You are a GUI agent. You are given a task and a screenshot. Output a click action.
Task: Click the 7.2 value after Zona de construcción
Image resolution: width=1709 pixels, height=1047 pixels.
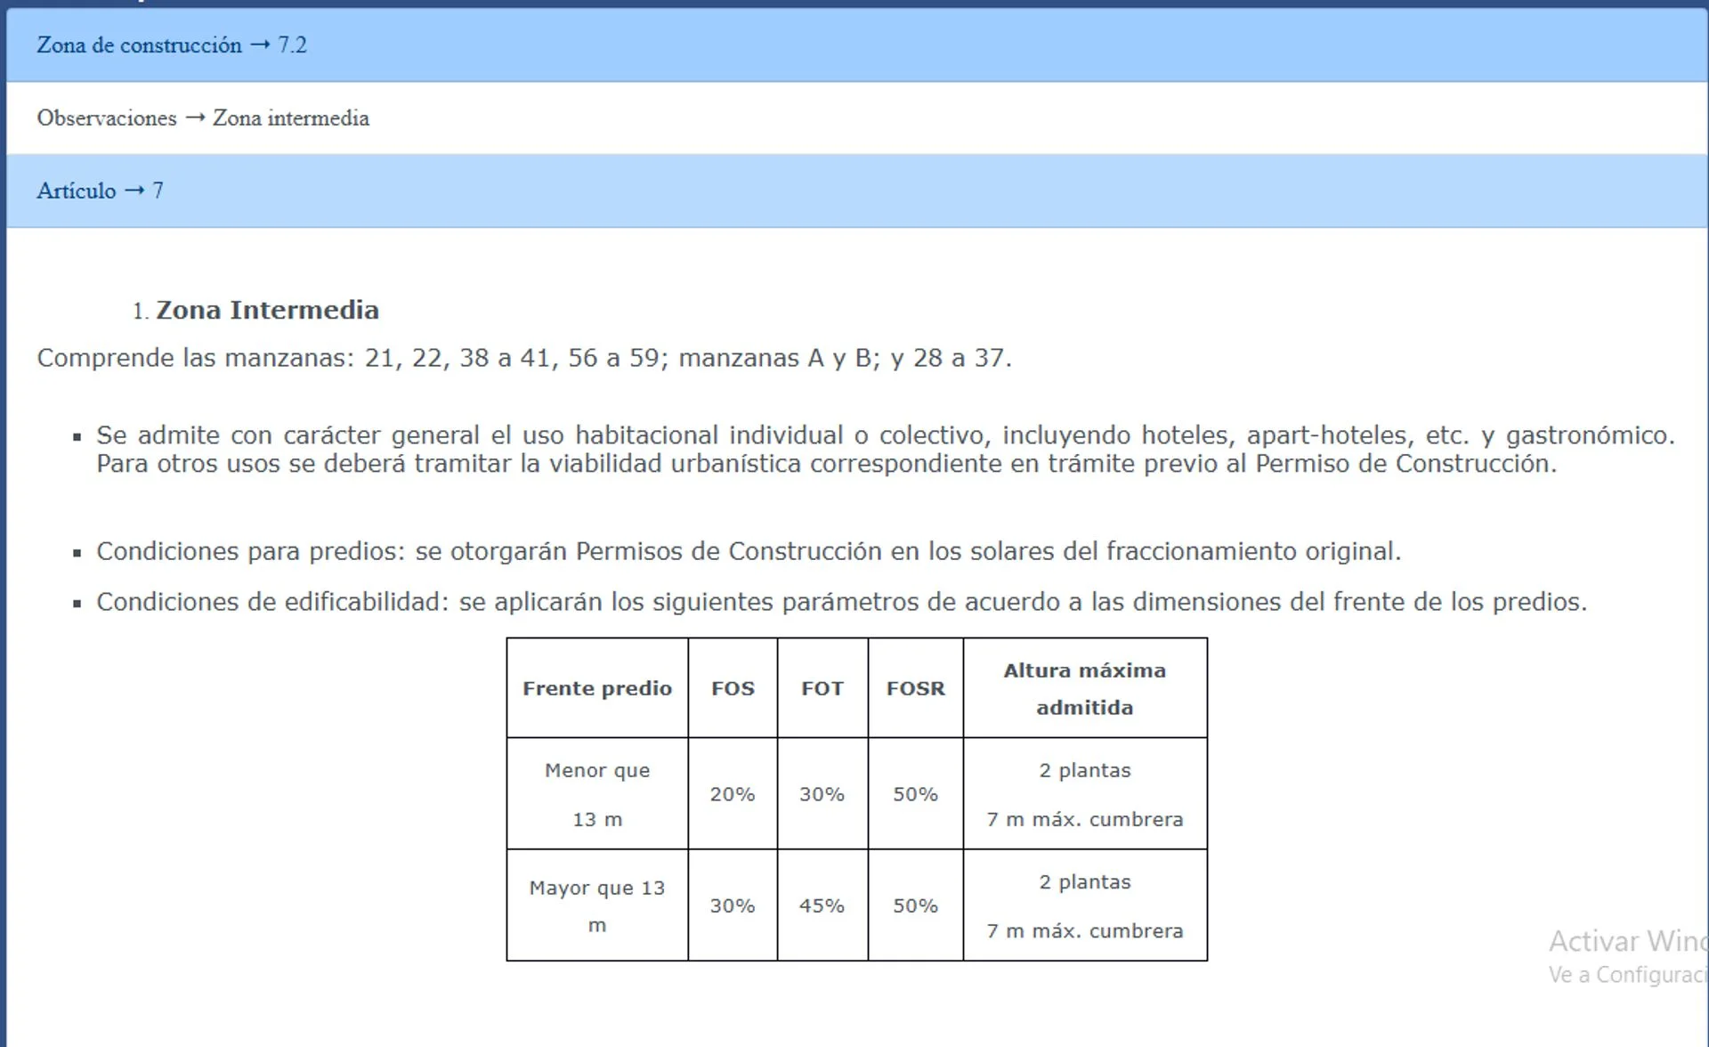pos(292,45)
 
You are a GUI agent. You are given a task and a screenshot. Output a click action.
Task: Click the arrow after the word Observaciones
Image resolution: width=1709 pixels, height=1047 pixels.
pos(195,118)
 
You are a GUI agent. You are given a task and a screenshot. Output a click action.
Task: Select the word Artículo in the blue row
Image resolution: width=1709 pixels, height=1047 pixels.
pos(76,191)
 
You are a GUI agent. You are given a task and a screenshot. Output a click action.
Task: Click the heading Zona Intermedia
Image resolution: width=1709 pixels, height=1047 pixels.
pos(267,310)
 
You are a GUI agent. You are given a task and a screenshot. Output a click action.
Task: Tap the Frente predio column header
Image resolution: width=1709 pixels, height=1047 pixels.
pos(597,688)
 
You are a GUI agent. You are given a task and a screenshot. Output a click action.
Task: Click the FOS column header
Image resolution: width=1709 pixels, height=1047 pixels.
pos(733,688)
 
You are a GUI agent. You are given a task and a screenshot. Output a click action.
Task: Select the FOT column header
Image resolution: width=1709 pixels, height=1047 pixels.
pos(822,688)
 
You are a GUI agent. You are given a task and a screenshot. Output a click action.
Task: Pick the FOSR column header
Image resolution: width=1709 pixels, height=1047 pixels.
pos(915,688)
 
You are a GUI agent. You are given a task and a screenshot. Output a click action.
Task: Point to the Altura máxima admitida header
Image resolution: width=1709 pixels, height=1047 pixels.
pos(1084,688)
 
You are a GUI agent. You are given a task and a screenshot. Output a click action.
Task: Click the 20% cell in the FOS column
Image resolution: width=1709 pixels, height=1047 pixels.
pos(733,794)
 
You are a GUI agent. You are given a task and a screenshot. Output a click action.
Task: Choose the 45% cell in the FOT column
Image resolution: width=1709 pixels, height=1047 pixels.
pos(822,905)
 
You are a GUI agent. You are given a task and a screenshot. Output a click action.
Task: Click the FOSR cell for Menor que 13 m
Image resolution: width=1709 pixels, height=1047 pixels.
pos(915,794)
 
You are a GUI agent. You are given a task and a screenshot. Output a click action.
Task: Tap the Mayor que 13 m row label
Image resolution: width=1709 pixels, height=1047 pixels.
pos(597,905)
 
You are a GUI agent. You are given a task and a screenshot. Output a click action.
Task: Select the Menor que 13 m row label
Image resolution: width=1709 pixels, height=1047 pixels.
pos(597,794)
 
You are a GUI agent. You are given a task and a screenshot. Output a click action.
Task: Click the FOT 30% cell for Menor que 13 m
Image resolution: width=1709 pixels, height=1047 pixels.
pos(822,794)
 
